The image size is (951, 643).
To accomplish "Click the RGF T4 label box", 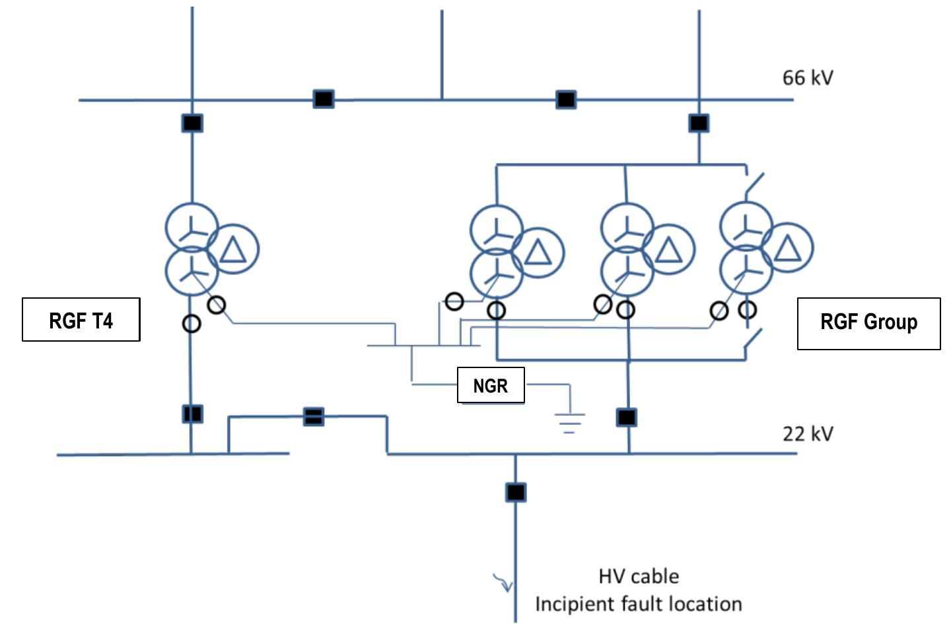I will pos(81,320).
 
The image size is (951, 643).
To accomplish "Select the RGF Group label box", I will pos(868,323).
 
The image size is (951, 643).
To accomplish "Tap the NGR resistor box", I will pos(491,385).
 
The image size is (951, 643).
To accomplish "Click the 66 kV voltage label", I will pos(808,78).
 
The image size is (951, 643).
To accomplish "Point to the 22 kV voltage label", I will pos(808,434).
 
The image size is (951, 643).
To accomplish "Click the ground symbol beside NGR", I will pos(569,421).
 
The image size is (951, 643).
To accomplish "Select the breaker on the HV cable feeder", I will pos(516,492).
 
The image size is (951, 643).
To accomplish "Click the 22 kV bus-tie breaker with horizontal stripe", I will pos(314,416).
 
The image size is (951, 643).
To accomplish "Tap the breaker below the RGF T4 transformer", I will pos(192,414).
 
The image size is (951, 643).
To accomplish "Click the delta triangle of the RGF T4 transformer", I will pos(232,250).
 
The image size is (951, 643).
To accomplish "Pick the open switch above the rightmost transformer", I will pos(754,185).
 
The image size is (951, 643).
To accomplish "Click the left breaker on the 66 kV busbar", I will pos(323,99).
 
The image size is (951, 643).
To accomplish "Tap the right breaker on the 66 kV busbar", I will pos(566,100).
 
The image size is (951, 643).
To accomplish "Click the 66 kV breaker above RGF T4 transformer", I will pos(192,124).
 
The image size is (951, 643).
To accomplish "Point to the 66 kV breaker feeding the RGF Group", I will pos(699,124).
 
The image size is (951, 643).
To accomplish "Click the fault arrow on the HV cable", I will pos(503,582).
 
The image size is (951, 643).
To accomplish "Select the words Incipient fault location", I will pos(638,604).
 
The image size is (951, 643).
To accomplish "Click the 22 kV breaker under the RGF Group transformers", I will pos(627,418).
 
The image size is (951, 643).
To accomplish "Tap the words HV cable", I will pos(639,576).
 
